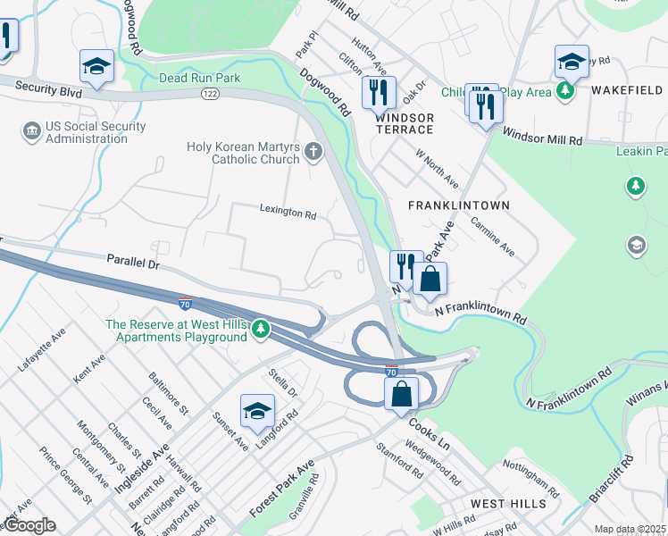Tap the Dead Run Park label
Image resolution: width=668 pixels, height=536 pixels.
tap(200, 79)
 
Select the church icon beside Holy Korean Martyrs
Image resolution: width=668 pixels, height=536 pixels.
tap(313, 151)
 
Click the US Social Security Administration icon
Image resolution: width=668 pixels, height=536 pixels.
tap(31, 132)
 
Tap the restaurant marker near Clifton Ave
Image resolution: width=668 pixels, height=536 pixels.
tap(379, 91)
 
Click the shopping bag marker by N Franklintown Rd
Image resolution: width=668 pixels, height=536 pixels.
tap(430, 278)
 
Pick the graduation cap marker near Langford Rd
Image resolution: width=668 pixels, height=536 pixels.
tap(257, 410)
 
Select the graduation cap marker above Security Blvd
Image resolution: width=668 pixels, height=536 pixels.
tap(96, 65)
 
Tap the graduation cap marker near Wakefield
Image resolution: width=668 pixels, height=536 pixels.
tap(572, 62)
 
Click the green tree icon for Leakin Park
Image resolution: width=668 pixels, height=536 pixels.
tap(635, 187)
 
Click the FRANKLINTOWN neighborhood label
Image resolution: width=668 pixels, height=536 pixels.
tap(458, 205)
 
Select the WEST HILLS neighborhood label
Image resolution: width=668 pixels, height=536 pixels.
tap(508, 504)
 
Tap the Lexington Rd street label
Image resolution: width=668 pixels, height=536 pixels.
tap(288, 215)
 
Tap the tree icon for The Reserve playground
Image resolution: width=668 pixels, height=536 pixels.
tap(260, 330)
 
